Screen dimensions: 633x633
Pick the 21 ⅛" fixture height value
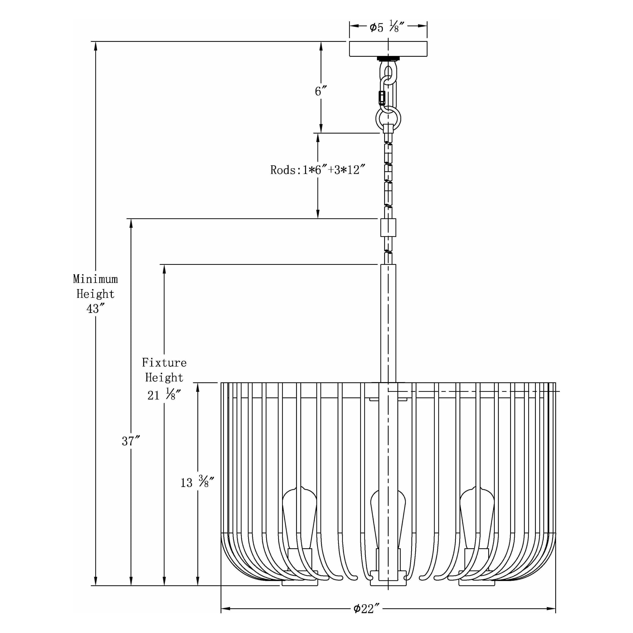pos(164,395)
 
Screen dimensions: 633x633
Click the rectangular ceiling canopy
pos(388,49)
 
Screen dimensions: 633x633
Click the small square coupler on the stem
pos(388,227)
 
